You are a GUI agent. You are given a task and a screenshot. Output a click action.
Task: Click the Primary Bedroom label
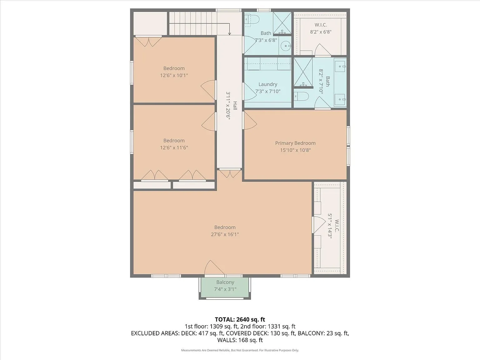(x=295, y=143)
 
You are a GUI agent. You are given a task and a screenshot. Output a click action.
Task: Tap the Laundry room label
(x=268, y=84)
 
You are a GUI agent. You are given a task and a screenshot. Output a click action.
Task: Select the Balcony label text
(x=225, y=282)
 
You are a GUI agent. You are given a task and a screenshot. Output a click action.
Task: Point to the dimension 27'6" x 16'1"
(x=225, y=234)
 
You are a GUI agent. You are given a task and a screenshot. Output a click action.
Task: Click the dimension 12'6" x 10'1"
(x=174, y=75)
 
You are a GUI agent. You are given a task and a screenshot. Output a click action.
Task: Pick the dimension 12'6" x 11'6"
(x=174, y=147)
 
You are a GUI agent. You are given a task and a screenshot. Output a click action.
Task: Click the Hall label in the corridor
(x=235, y=106)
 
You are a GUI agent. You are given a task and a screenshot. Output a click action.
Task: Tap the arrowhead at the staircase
(x=229, y=33)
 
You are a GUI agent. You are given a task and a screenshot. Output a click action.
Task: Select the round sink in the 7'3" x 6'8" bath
(x=285, y=46)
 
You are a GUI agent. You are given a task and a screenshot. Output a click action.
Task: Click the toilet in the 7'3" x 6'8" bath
(x=252, y=20)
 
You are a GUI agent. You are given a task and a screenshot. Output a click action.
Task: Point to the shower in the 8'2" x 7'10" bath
(x=303, y=72)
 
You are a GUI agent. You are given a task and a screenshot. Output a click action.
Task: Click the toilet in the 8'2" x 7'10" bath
(x=302, y=96)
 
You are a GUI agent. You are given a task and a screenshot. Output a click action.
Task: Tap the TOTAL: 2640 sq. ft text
(x=240, y=319)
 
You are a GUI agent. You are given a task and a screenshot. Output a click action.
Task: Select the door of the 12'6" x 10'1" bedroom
(x=208, y=90)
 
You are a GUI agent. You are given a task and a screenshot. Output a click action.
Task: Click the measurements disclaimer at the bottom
(x=240, y=350)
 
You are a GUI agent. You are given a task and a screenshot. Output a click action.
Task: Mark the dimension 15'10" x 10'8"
(x=295, y=150)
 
